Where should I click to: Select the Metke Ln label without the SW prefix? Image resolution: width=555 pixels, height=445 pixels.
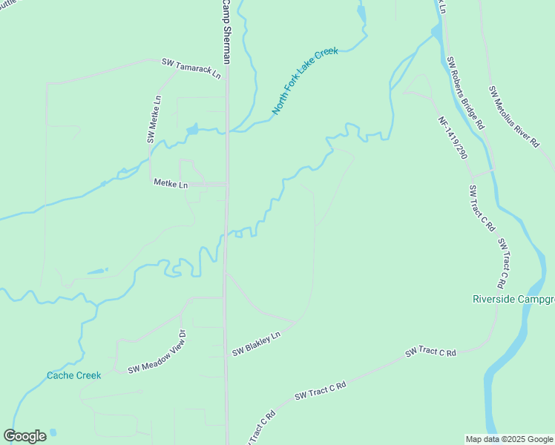[171, 182]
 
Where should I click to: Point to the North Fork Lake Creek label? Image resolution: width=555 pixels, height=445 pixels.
[304, 81]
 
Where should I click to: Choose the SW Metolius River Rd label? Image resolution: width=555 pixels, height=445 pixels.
[513, 117]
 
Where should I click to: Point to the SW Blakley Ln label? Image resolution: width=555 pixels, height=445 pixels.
[256, 344]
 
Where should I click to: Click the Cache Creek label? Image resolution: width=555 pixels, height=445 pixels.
[73, 375]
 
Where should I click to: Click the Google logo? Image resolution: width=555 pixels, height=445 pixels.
[24, 436]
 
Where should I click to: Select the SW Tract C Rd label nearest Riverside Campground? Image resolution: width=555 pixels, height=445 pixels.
[502, 264]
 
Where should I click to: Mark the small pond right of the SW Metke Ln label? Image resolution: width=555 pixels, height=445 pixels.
[192, 130]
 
